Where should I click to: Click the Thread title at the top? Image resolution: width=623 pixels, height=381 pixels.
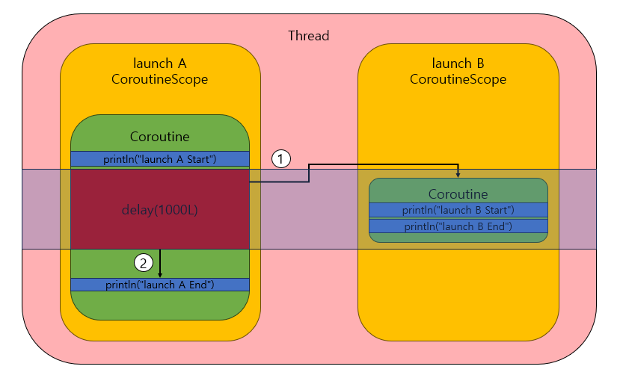pos(309,36)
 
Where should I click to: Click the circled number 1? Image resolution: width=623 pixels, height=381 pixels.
pos(280,158)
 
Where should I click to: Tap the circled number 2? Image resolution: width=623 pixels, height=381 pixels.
pos(144,262)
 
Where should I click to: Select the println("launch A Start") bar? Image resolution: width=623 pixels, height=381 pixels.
pos(160,158)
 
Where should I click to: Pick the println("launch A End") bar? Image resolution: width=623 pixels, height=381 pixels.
pos(160,285)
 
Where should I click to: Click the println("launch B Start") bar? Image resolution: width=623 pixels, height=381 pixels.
pos(458,210)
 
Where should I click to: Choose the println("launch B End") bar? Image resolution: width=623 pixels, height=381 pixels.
pos(458,226)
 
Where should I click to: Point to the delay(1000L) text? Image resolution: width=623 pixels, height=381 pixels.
pos(159,209)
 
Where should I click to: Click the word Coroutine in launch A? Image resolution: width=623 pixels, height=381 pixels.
pos(160,137)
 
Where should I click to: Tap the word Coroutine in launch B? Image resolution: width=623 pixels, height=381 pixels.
pos(458,194)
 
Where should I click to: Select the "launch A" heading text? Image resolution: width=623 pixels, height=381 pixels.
pos(160,63)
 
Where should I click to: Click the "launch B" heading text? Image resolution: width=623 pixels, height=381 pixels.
pos(458,63)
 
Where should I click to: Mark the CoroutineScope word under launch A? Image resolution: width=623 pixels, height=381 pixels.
pos(160,79)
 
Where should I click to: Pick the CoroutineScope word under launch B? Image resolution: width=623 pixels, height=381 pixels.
pos(458,79)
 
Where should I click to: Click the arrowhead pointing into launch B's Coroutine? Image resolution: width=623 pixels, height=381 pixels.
pos(458,175)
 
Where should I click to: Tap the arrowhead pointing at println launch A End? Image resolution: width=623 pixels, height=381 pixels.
pos(160,274)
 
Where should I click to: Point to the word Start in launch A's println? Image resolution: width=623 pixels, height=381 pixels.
pos(196,158)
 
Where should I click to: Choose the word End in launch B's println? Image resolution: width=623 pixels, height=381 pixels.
pos(495,226)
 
